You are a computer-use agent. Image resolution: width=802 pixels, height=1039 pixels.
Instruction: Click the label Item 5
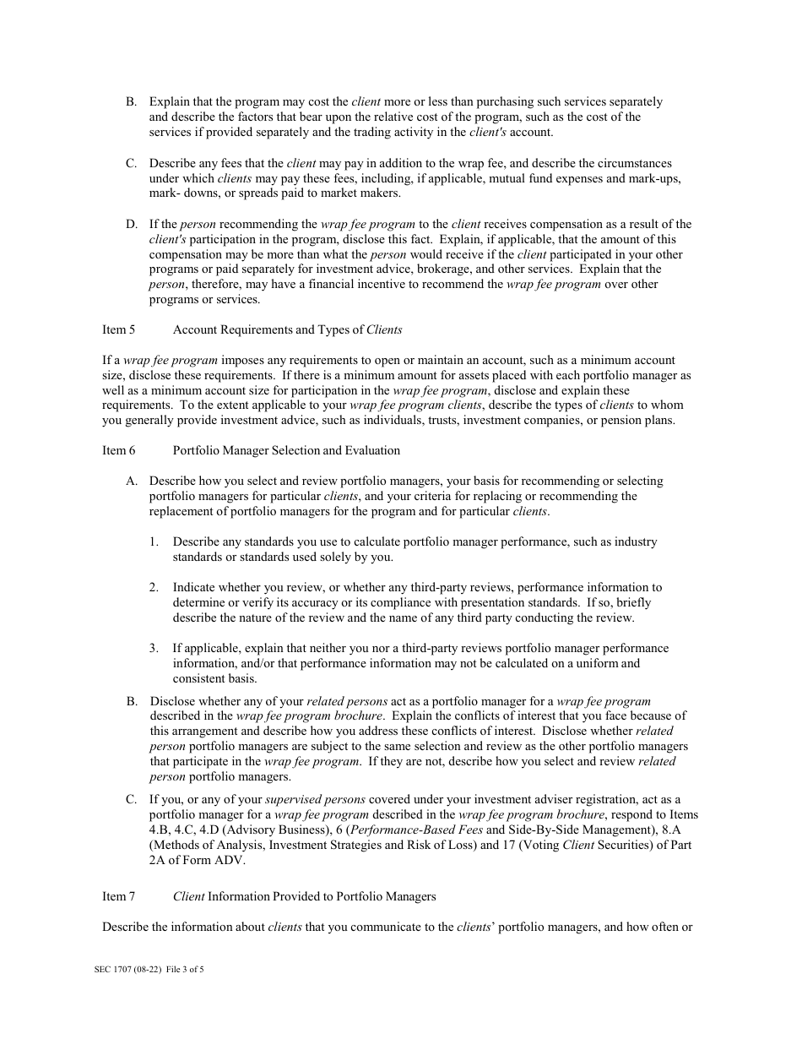(118, 329)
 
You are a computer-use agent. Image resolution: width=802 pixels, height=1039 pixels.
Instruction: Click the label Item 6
(118, 450)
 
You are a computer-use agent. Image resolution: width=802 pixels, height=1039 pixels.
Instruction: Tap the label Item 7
(118, 896)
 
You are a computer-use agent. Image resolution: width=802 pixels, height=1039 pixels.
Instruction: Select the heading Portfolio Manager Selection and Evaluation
(286, 450)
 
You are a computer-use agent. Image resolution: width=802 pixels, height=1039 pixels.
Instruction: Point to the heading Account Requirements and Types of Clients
(287, 329)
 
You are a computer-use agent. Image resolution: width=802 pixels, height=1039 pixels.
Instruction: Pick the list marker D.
(132, 225)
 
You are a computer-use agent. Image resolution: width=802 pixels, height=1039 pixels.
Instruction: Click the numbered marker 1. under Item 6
(154, 542)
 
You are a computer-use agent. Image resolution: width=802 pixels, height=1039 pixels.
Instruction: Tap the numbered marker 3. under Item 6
(154, 649)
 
